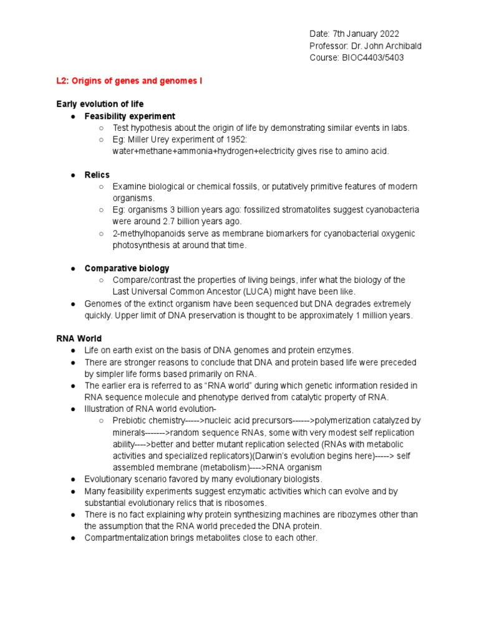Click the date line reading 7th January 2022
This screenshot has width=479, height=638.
coord(354,34)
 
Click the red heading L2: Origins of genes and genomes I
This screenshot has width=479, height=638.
coord(129,81)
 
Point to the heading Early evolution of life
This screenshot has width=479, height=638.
coord(100,104)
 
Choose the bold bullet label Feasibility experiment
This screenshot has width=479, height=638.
coord(130,116)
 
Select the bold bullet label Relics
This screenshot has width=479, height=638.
coord(97,174)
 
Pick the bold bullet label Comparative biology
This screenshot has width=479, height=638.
coord(127,268)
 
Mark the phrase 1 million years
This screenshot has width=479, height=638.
coord(382,315)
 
